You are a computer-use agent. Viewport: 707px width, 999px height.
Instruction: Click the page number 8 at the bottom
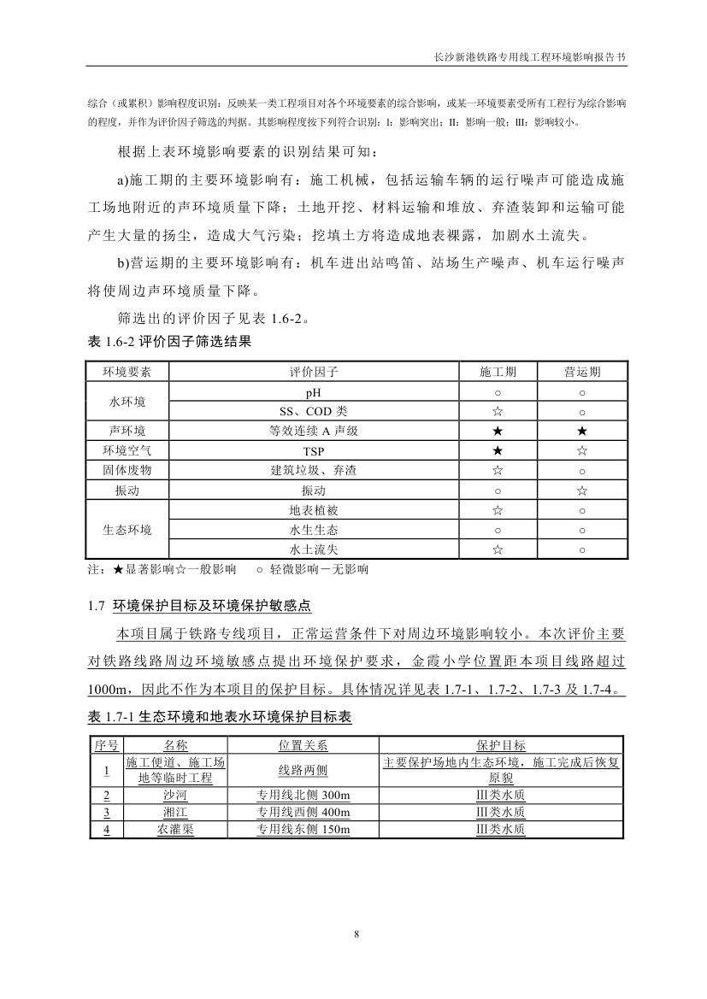pyautogui.click(x=355, y=934)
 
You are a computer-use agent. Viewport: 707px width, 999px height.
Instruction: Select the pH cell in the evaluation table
pyautogui.click(x=315, y=392)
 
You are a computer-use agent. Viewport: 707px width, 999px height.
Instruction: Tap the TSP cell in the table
pyautogui.click(x=315, y=450)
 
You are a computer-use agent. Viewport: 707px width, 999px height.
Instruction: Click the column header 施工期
pyautogui.click(x=497, y=372)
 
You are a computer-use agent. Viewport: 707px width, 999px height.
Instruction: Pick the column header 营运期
pyautogui.click(x=581, y=372)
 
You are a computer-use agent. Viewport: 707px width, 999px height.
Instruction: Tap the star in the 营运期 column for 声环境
pyautogui.click(x=581, y=431)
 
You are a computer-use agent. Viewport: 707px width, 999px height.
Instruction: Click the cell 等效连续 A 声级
pyautogui.click(x=315, y=431)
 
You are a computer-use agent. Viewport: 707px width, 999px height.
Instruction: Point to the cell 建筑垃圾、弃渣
pyautogui.click(x=315, y=470)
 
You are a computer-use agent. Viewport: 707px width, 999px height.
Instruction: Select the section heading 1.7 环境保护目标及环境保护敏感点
pyautogui.click(x=199, y=606)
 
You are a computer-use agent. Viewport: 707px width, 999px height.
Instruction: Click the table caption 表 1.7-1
pyautogui.click(x=220, y=717)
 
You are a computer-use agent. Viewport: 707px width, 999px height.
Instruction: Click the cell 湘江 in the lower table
pyautogui.click(x=175, y=812)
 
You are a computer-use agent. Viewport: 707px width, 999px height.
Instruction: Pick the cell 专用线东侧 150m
pyautogui.click(x=303, y=829)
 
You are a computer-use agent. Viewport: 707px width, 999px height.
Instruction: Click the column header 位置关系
pyautogui.click(x=303, y=746)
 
